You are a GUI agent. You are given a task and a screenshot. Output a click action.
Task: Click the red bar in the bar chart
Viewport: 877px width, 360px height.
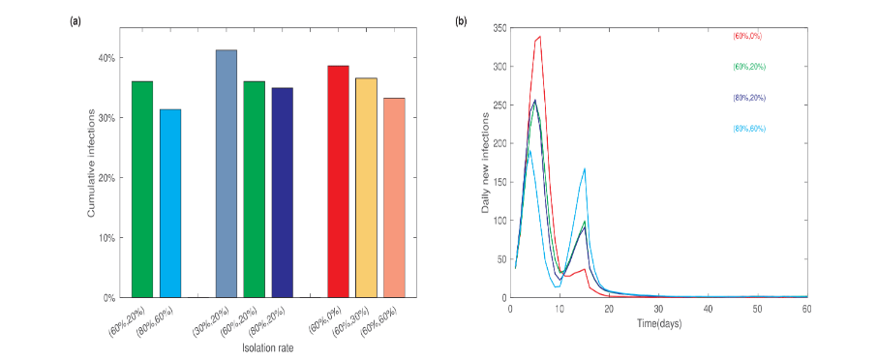338,182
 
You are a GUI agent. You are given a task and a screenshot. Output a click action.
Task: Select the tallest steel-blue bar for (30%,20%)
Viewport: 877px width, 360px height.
226,174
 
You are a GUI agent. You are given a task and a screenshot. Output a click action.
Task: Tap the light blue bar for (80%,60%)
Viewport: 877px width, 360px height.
170,203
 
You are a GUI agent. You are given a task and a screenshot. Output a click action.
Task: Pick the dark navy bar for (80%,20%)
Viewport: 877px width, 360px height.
283,193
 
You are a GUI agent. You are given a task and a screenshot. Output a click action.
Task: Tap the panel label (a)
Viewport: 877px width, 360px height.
76,21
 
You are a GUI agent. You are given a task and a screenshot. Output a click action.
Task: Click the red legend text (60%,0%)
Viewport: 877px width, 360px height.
748,36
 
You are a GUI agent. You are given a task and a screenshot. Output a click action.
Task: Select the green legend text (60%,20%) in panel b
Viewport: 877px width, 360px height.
750,67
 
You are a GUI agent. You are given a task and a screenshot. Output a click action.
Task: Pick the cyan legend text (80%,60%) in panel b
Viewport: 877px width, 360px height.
750,129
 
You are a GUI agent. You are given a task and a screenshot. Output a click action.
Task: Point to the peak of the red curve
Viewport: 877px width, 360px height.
539,37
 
